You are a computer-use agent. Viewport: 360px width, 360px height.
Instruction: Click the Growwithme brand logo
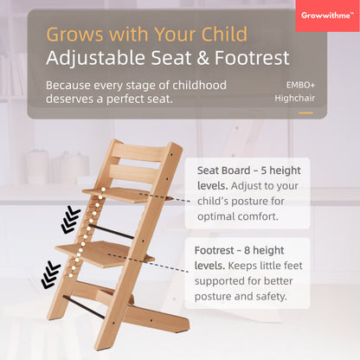tap(327, 15)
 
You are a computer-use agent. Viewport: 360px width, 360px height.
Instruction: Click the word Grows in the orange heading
tap(74, 35)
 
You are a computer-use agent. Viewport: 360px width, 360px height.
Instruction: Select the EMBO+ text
tap(299, 86)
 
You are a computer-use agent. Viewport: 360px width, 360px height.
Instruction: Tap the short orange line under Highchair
tap(305, 112)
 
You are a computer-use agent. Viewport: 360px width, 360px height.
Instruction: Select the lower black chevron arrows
tap(51, 274)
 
